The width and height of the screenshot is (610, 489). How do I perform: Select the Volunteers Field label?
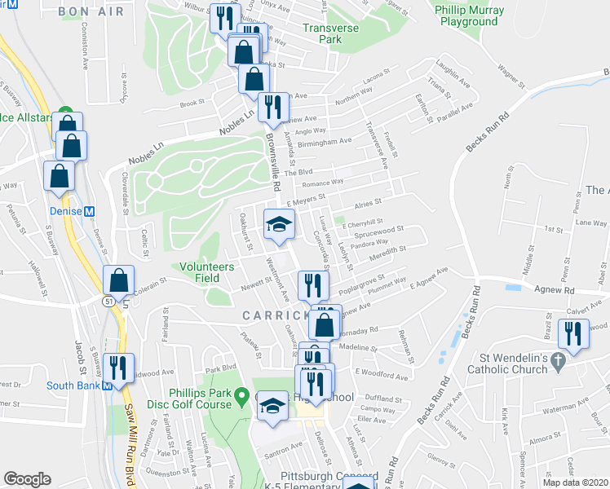coord(208,272)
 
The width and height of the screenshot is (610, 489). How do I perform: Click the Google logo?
coord(27,479)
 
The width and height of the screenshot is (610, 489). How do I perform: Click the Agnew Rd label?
coord(555,289)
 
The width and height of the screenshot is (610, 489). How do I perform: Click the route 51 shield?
coord(108,301)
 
